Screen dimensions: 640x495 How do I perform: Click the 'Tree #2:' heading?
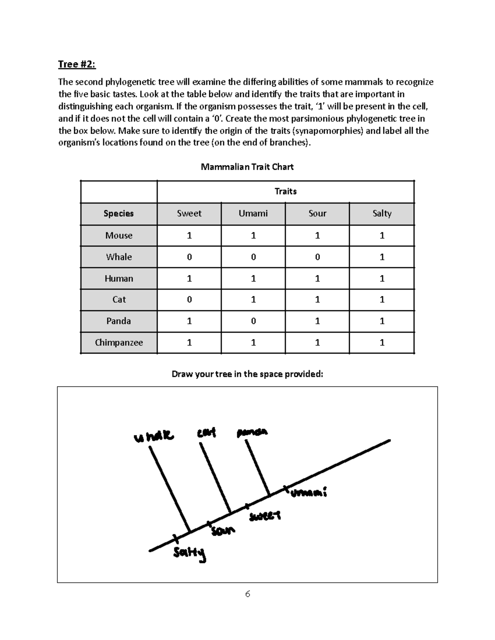coord(77,64)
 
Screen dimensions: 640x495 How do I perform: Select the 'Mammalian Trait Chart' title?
coord(247,167)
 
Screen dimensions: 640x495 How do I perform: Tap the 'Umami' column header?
coord(253,213)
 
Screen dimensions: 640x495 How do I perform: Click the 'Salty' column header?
coord(382,213)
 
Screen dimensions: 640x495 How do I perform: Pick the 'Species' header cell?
coord(119,213)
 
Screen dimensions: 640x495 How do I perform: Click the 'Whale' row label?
coord(119,257)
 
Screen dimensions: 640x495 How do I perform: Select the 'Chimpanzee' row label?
coord(119,343)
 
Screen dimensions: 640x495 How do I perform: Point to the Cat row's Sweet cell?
coord(189,300)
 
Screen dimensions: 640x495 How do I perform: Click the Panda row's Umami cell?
coord(253,321)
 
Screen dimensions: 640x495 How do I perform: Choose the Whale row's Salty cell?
coord(382,257)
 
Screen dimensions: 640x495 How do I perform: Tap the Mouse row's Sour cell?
coord(317,236)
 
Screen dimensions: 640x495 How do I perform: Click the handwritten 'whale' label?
coord(153,436)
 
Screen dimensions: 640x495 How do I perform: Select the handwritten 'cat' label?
coord(206,433)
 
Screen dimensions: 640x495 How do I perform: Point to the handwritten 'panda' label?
coord(252,433)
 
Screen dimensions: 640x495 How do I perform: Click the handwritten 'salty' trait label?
coord(189,554)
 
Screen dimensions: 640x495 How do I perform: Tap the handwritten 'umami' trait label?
coord(309,493)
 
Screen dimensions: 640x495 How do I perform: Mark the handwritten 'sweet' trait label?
coord(264,516)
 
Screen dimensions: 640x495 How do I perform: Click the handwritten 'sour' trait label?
coord(223,531)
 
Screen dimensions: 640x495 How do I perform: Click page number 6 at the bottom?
coord(247,594)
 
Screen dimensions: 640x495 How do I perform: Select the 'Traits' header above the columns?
coord(285,192)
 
